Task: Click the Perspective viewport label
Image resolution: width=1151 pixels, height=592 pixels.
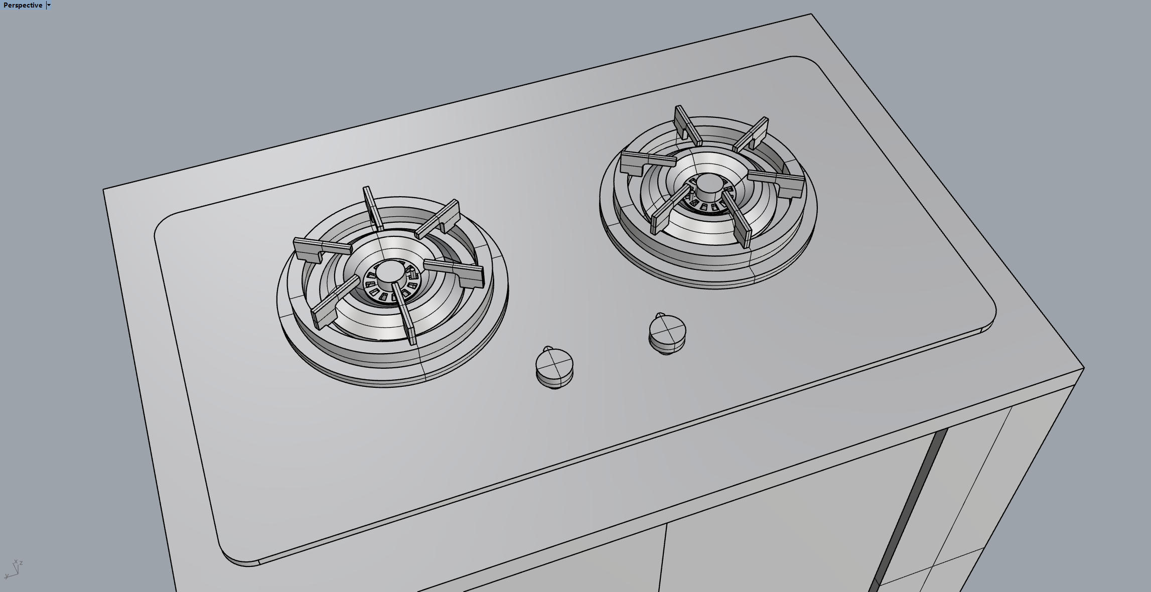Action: [23, 6]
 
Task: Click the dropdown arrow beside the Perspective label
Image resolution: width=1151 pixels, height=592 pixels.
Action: [49, 6]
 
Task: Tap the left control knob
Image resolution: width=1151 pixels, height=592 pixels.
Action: [554, 367]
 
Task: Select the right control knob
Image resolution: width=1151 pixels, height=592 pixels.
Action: [667, 333]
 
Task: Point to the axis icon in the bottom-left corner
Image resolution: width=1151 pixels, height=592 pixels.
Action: [14, 569]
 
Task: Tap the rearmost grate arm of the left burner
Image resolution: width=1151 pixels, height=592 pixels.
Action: [373, 209]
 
